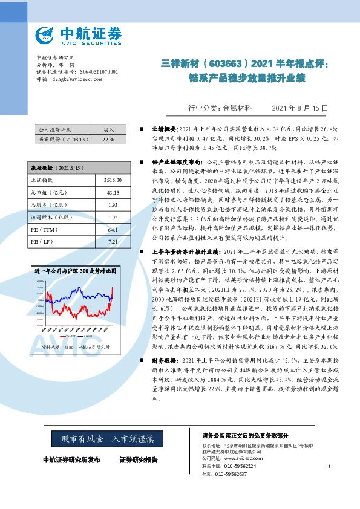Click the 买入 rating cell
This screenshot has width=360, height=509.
108,130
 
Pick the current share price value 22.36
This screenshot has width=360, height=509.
108,139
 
